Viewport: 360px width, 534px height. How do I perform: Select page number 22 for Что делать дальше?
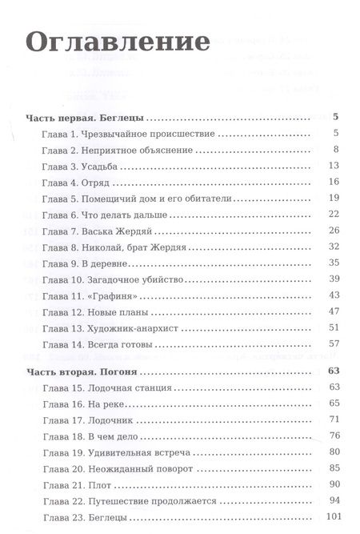pyautogui.click(x=335, y=215)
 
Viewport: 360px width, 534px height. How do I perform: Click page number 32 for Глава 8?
pyautogui.click(x=335, y=247)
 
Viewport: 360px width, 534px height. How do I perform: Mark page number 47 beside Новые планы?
pyautogui.click(x=335, y=311)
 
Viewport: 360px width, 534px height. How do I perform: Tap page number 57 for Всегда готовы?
pyautogui.click(x=335, y=343)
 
